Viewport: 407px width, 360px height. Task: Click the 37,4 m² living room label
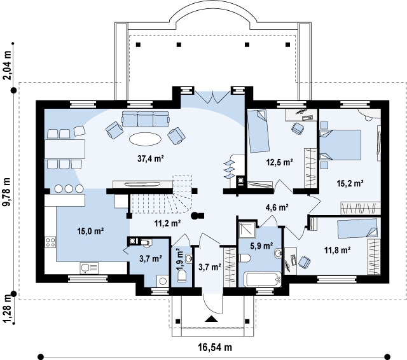(x=151, y=158)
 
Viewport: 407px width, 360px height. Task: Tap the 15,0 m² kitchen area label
(x=90, y=231)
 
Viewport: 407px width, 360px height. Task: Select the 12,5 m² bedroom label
(x=280, y=162)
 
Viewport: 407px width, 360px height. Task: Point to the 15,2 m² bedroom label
(x=350, y=183)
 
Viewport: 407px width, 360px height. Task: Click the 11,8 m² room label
(x=338, y=250)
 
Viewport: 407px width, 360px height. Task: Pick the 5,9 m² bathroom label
(x=261, y=246)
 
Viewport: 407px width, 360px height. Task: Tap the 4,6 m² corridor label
(x=277, y=207)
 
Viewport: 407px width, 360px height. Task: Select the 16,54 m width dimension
(x=215, y=347)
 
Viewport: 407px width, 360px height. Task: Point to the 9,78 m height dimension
(x=7, y=192)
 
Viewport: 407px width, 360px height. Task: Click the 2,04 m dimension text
(x=7, y=65)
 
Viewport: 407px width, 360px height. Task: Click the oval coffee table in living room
(x=145, y=139)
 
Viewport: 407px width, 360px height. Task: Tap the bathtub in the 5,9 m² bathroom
(x=263, y=279)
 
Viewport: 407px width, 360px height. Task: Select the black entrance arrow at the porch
(x=211, y=319)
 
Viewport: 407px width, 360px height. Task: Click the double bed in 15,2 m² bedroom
(x=340, y=145)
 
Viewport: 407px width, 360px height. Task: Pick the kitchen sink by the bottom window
(x=89, y=268)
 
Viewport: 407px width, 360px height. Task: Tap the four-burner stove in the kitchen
(x=50, y=242)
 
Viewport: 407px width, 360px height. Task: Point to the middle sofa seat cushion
(x=146, y=120)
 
